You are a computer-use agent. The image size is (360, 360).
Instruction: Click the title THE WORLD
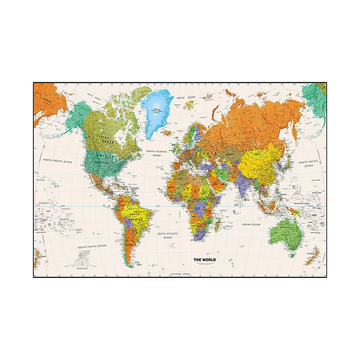204,259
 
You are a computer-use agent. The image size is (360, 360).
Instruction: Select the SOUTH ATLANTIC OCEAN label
168,235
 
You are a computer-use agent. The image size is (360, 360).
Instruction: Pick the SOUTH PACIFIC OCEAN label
92,246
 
